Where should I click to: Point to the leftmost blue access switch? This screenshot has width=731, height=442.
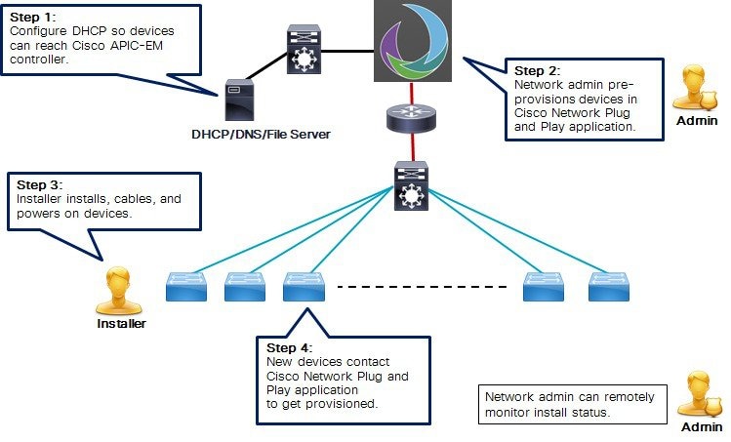(185, 286)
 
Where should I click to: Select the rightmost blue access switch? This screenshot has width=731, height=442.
(609, 286)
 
